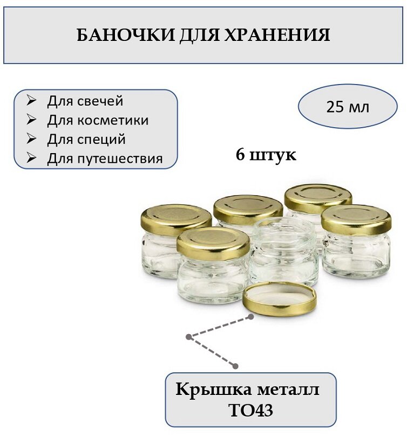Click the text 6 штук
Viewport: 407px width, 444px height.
pyautogui.click(x=266, y=155)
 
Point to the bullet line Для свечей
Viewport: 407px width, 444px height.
pyautogui.click(x=85, y=101)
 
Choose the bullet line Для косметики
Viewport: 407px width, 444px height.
pyautogui.click(x=98, y=120)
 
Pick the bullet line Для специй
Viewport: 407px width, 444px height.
pyautogui.click(x=86, y=139)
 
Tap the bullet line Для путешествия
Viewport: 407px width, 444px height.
pyautogui.click(x=105, y=158)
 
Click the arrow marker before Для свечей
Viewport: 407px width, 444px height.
pyautogui.click(x=31, y=101)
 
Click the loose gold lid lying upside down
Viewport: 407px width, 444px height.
pyautogui.click(x=279, y=299)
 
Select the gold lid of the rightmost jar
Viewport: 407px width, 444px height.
pyautogui.click(x=356, y=219)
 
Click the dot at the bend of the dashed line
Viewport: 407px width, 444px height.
pyautogui.click(x=188, y=337)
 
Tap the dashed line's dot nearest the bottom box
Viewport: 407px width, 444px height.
pyautogui.click(x=236, y=366)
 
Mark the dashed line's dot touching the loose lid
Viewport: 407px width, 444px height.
pyautogui.click(x=250, y=317)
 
